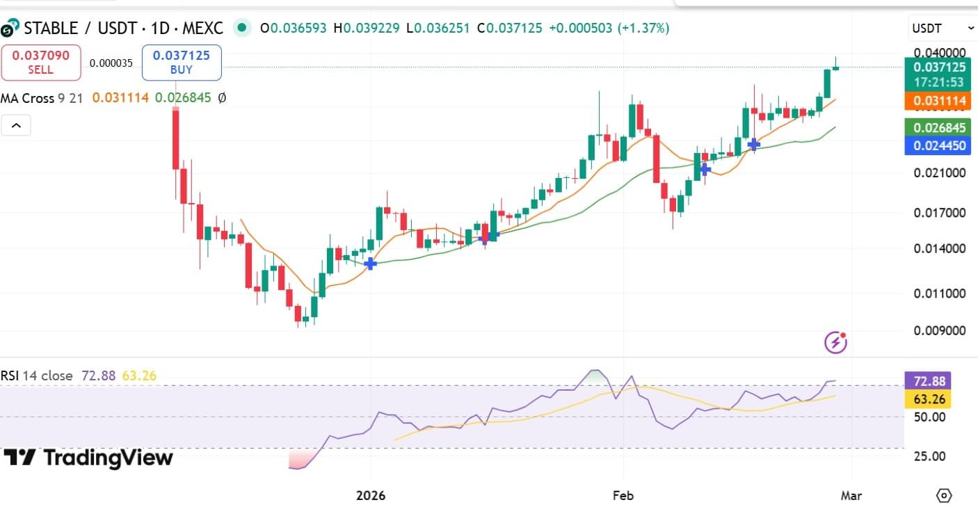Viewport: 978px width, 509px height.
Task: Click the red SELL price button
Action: [41, 62]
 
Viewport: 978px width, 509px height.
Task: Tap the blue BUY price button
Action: [182, 62]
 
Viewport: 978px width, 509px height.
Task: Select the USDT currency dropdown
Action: [943, 29]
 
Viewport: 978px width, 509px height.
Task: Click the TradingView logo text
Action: [88, 458]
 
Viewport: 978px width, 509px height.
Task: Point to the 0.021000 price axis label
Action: [939, 172]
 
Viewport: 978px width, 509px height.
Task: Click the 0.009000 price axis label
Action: [939, 330]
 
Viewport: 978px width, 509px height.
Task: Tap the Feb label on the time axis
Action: [623, 496]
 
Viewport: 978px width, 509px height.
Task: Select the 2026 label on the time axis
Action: [370, 496]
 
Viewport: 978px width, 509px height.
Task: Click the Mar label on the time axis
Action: [851, 496]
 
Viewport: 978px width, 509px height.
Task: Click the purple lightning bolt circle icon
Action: [835, 342]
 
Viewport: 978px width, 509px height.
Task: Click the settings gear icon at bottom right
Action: [944, 496]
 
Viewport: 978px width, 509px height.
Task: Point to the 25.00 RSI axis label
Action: [929, 456]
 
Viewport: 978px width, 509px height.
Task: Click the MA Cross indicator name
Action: [28, 98]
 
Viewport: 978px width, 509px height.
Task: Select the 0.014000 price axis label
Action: [939, 248]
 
